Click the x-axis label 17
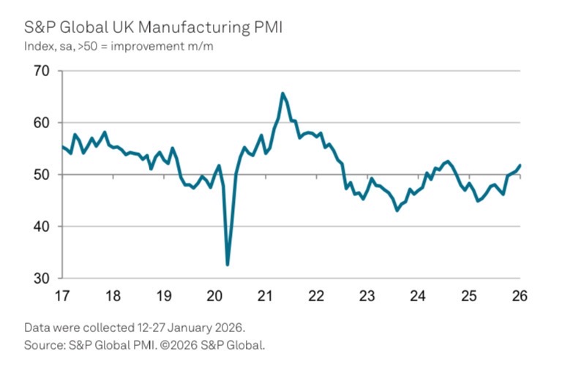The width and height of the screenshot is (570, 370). [62, 297]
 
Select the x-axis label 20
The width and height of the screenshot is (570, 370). [214, 297]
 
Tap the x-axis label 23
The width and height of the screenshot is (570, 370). [367, 297]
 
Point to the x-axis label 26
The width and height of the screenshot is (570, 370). [520, 297]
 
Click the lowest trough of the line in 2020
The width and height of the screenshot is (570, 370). [228, 265]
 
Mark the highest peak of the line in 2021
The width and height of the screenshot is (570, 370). [282, 94]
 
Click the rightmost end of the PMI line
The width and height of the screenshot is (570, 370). [520, 165]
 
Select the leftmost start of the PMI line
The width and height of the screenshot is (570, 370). [62, 147]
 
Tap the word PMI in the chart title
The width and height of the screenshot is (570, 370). [266, 29]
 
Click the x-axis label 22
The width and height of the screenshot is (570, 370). [316, 297]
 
